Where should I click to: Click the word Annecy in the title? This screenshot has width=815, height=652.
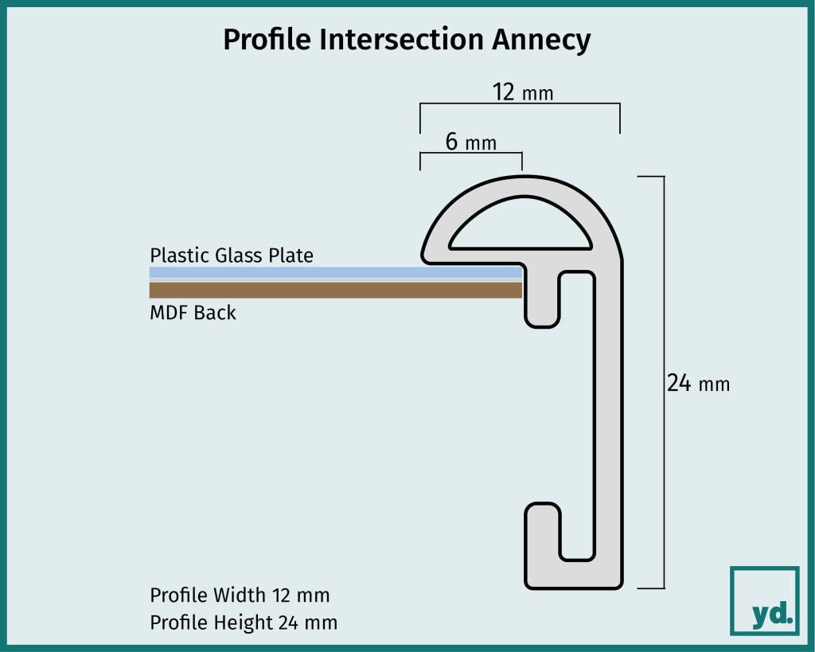click(541, 40)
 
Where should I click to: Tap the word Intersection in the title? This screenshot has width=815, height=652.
click(401, 39)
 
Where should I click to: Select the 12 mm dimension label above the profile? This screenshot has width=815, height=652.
click(523, 92)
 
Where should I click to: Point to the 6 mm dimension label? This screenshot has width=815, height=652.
click(471, 142)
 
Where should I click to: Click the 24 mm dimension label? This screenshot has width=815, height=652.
click(698, 384)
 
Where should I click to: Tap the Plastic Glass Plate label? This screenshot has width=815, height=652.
click(232, 256)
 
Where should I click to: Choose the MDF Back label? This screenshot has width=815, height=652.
click(193, 313)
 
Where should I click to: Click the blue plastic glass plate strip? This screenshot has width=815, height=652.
click(336, 272)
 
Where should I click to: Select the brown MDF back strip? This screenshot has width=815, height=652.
click(336, 290)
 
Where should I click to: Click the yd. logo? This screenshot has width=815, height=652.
click(765, 600)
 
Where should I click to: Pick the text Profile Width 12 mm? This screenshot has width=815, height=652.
click(240, 595)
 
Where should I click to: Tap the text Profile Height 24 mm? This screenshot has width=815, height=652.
click(244, 623)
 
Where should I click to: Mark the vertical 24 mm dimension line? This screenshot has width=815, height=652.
click(664, 382)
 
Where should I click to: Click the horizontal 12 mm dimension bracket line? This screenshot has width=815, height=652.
click(520, 104)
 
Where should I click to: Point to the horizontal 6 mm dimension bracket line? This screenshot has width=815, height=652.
click(471, 153)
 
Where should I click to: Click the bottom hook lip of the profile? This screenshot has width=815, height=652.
click(543, 541)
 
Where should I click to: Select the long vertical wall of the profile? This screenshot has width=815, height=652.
click(609, 416)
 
